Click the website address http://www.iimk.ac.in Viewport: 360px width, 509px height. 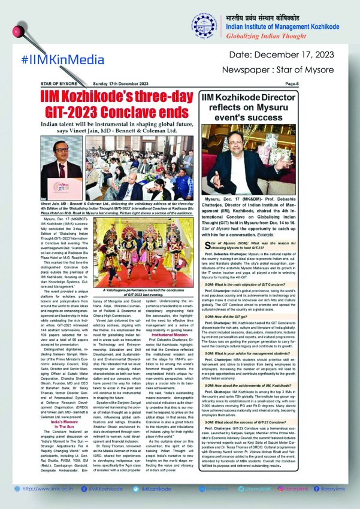pyautogui.click(x=43, y=489)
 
